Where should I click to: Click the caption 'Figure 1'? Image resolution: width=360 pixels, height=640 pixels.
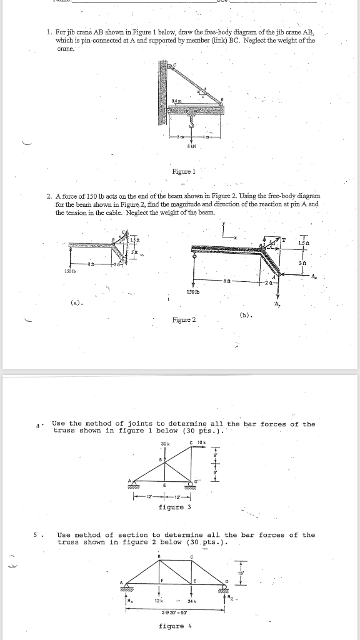tap(184, 171)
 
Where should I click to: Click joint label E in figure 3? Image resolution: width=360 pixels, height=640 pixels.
tap(163, 485)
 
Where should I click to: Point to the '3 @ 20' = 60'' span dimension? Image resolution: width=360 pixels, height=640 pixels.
tap(177, 611)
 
